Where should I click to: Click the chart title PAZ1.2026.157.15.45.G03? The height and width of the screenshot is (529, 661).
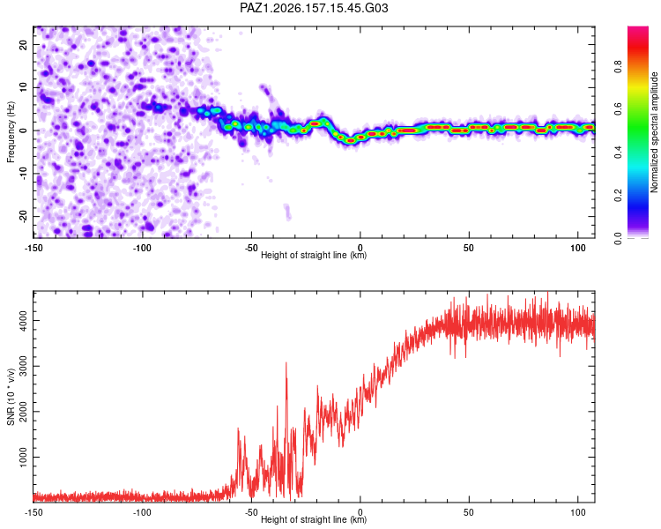tap(314, 8)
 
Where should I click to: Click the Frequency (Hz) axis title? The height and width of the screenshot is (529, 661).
tap(11, 131)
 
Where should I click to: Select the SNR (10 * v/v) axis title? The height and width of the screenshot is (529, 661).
tap(11, 397)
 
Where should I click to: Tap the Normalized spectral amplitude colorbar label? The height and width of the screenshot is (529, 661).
tap(654, 132)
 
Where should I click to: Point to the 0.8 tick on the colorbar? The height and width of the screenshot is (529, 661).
tap(618, 67)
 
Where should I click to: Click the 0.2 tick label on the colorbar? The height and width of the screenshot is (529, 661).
tap(618, 196)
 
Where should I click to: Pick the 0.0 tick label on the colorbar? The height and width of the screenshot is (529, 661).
tap(618, 238)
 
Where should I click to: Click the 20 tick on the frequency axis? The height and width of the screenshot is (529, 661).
tap(23, 44)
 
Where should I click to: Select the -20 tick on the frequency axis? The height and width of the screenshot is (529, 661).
tap(23, 216)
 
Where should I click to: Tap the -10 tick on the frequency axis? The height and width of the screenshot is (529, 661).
tap(23, 174)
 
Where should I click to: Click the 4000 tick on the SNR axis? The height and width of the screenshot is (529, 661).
tap(23, 320)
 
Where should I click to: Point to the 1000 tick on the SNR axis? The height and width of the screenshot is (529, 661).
tap(23, 457)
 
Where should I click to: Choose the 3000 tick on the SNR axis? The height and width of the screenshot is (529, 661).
tap(23, 366)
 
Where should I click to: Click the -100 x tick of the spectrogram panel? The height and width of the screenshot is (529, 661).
tap(142, 248)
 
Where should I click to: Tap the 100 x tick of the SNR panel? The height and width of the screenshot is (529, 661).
tap(578, 512)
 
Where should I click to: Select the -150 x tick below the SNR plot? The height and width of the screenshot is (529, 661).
tap(33, 512)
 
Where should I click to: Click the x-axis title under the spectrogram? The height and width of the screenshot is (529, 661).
tap(314, 255)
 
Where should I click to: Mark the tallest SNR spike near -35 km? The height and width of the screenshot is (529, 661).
tap(286, 362)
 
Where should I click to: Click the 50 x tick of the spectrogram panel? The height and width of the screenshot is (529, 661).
tap(469, 248)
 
